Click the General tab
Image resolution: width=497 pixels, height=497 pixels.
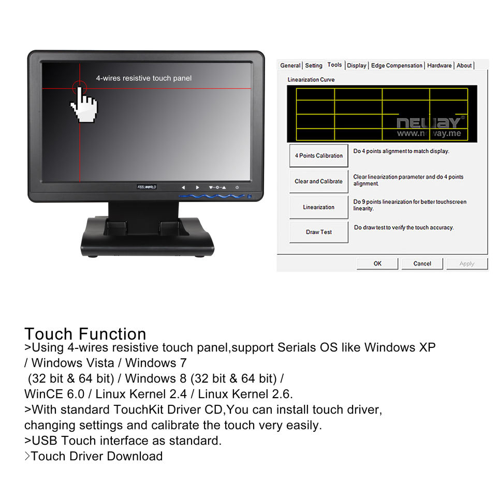pos(290,66)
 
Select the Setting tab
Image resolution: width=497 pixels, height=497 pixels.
pos(313,66)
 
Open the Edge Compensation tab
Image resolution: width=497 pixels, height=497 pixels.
pos(397,66)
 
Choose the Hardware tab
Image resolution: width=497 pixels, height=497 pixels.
pos(439,66)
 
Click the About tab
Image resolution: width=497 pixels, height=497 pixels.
pos(464,66)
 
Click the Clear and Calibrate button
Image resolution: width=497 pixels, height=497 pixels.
pos(318,182)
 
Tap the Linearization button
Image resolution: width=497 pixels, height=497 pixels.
pos(318,207)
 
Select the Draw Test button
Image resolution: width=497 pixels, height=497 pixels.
pos(318,232)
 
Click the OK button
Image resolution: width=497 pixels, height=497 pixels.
pos(377,264)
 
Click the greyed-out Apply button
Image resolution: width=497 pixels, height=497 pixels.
pos(466,264)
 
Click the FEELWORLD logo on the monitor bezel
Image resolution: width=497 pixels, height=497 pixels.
pos(147,187)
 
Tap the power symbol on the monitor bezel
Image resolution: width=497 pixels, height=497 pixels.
pos(237,187)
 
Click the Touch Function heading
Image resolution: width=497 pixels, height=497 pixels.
pos(85,334)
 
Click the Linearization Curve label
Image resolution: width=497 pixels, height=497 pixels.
pos(311,80)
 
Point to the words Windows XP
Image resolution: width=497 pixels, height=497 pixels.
pos(400,347)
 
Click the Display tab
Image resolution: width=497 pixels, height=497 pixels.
pos(357,66)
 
